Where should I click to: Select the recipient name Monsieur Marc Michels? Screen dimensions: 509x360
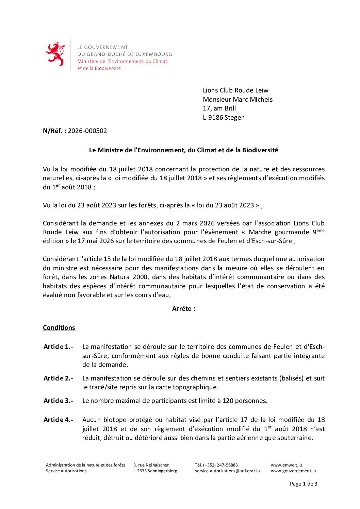point(238,99)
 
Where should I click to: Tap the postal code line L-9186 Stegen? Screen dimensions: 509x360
point(224,118)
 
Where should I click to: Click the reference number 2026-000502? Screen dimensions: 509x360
point(87,131)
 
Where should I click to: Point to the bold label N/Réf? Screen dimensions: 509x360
point(54,131)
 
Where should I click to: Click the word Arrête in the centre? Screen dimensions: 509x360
point(183,309)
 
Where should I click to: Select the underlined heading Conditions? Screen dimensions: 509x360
point(59,328)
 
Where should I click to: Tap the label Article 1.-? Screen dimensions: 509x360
point(58,347)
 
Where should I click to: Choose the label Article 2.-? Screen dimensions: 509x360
point(58,378)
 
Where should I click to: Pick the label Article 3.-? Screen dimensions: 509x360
point(58,401)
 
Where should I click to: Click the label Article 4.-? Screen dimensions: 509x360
point(58,420)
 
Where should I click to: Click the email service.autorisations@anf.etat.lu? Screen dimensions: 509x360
point(227,471)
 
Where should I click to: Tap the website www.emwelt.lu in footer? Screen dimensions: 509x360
point(286,465)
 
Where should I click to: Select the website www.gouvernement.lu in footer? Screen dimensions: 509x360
point(293,471)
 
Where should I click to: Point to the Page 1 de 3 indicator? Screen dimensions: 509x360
point(304,484)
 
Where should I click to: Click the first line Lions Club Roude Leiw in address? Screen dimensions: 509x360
point(235,90)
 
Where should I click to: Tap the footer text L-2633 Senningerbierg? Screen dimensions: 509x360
point(155,471)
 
